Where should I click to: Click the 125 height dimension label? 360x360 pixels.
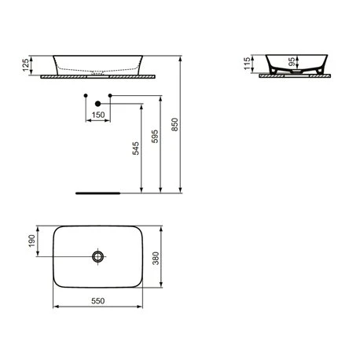tap(26, 65)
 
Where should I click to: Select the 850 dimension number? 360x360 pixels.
tap(174, 124)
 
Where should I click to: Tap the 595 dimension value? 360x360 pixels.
tap(155, 136)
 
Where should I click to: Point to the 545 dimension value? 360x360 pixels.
tap(135, 149)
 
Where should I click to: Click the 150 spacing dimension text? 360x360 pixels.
tap(98, 115)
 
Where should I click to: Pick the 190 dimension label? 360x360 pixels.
tap(31, 241)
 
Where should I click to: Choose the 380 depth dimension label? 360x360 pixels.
tap(156, 259)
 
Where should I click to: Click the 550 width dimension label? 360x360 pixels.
tap(98, 301)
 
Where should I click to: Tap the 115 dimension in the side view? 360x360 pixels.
tap(247, 64)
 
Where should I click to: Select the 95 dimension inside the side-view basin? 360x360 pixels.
tap(292, 62)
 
